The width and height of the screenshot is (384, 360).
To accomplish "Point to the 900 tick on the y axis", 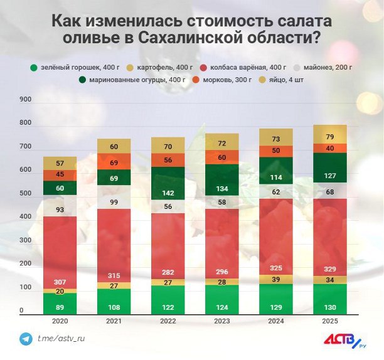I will click(26, 100).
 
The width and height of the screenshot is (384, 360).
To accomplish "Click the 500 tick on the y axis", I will click(26, 194).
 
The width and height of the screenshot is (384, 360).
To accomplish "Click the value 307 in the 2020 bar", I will click(60, 282).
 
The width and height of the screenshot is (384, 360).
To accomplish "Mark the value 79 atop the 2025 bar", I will click(329, 137).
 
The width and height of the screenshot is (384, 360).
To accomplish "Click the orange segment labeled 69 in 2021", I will click(113, 162).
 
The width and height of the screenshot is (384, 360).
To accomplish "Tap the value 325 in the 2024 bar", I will click(276, 268).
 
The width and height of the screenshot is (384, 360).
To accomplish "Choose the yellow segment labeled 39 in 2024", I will click(276, 279).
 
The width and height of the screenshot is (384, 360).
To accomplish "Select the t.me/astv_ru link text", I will click(61, 339).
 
